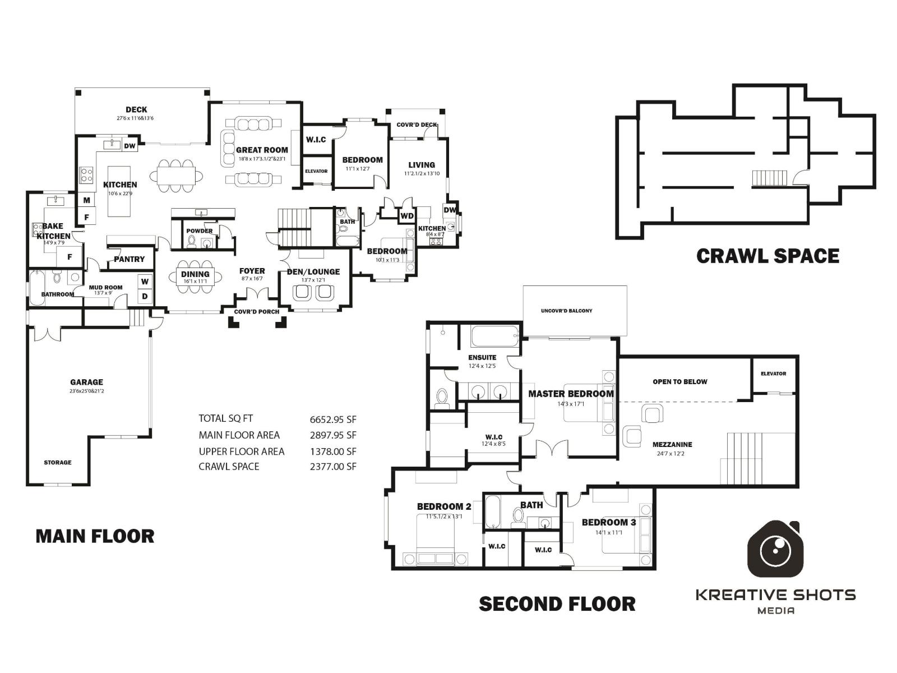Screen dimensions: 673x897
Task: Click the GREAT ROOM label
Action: [262, 150]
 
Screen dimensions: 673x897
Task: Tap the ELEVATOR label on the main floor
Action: [316, 171]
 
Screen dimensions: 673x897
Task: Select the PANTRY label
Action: [130, 259]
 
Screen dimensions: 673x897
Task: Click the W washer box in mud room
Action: [145, 282]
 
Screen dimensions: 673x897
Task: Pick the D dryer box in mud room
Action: [145, 296]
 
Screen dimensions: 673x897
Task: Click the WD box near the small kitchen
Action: [407, 216]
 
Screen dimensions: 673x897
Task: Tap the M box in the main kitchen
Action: [87, 200]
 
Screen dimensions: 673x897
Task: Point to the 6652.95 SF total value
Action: [333, 420]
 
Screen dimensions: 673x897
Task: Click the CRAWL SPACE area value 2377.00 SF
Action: [333, 466]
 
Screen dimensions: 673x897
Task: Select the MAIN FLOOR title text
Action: [95, 536]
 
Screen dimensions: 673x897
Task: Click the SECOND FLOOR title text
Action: [557, 604]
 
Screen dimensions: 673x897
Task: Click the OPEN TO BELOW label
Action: [679, 382]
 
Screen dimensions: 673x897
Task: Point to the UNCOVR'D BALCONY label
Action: [566, 311]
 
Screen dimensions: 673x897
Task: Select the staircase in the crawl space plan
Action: [769, 179]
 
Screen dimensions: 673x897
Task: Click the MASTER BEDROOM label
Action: [571, 394]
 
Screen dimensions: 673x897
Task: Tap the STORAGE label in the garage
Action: [58, 463]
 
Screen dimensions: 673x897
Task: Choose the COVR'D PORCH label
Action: [257, 312]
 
